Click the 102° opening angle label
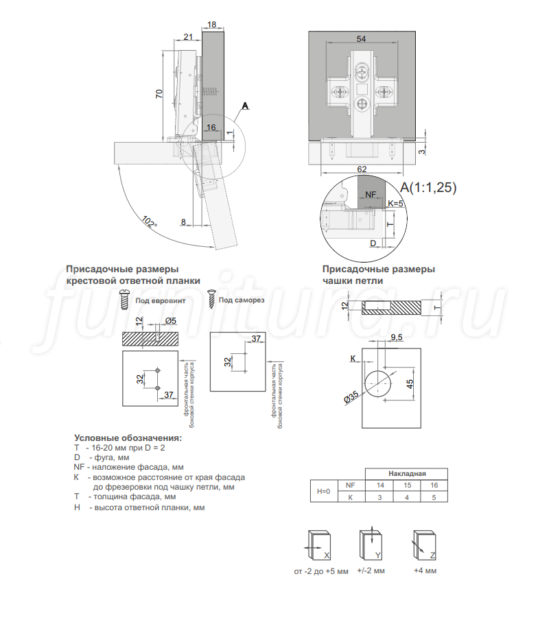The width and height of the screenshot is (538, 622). click(150, 222)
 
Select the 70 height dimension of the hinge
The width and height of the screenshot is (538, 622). click(159, 94)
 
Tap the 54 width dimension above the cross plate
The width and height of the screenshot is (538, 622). click(361, 39)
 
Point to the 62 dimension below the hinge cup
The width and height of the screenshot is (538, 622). click(362, 169)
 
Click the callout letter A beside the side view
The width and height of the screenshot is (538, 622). click(245, 106)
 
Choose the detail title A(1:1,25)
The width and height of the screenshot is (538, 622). click(428, 187)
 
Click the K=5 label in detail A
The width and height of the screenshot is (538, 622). click(395, 204)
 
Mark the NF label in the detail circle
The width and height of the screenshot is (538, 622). click(370, 194)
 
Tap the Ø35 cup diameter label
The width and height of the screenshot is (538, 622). click(351, 397)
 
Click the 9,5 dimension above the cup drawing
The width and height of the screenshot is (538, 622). click(396, 337)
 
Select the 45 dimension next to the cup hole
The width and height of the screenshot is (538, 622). click(410, 384)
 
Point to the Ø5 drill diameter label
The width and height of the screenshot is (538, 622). click(170, 320)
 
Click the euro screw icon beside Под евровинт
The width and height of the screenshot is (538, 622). click(125, 300)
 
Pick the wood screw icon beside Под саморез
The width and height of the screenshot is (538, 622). click(211, 300)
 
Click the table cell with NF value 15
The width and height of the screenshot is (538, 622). click(407, 485)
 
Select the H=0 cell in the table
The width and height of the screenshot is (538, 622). click(324, 491)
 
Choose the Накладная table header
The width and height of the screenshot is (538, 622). click(407, 474)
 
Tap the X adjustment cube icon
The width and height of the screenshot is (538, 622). click(319, 545)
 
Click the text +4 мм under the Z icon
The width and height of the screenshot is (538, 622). click(425, 571)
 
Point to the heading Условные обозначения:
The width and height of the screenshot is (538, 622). click(128, 438)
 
